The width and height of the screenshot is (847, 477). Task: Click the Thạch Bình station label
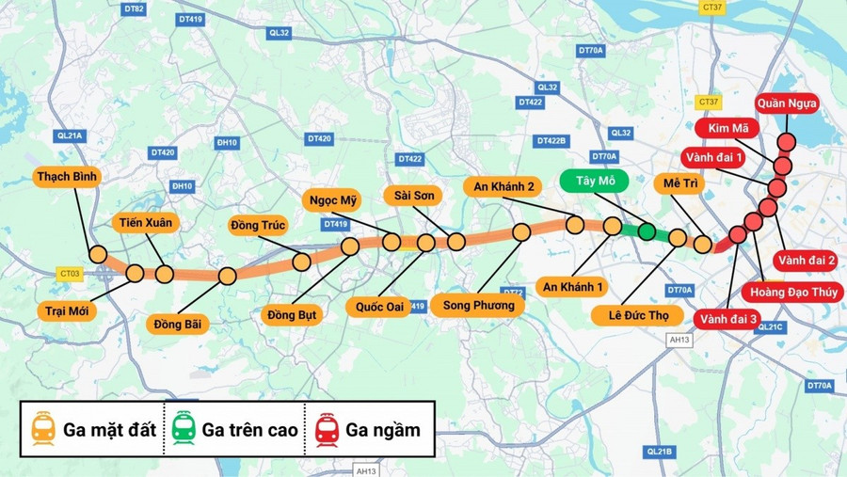pos(67,176)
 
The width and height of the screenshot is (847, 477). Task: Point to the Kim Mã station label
pos(724,128)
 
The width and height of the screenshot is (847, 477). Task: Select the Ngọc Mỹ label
pos(334,199)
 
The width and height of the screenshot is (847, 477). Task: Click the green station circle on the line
pos(647,231)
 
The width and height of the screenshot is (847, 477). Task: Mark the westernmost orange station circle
pos(98,254)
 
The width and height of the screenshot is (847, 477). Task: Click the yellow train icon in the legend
pos(42,430)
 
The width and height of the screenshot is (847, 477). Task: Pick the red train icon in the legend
pos(327,430)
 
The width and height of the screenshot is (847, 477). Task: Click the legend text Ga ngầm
pos(383,430)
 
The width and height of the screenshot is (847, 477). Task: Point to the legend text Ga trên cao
pos(249,430)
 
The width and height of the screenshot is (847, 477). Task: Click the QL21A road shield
pos(70,135)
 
